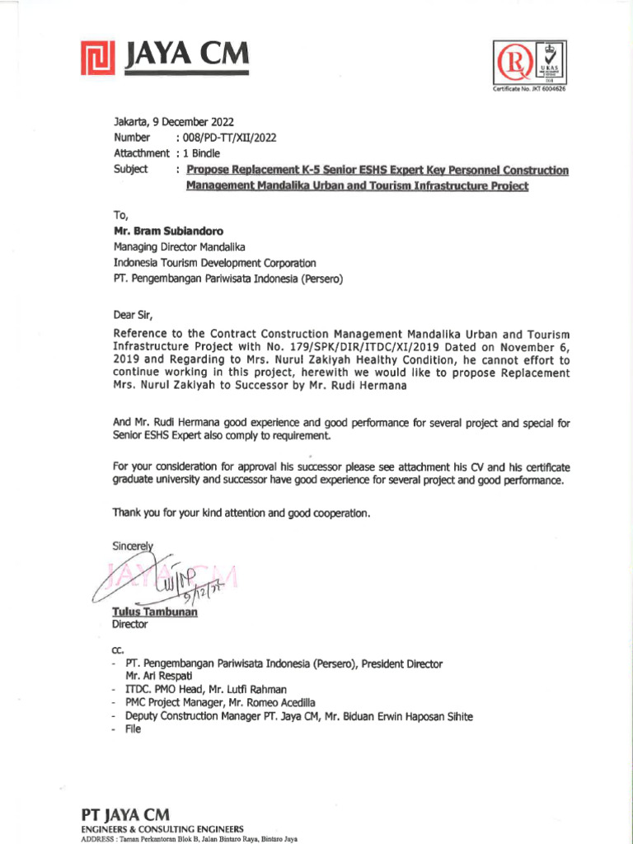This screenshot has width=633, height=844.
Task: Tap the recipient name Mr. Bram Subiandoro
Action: (168, 232)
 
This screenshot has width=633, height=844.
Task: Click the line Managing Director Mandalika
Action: (179, 247)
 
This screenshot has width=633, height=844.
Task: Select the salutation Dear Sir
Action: (133, 314)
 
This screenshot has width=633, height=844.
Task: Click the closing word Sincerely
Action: (133, 546)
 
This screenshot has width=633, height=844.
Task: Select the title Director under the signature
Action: (129, 625)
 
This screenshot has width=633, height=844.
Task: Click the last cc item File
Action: (134, 729)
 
